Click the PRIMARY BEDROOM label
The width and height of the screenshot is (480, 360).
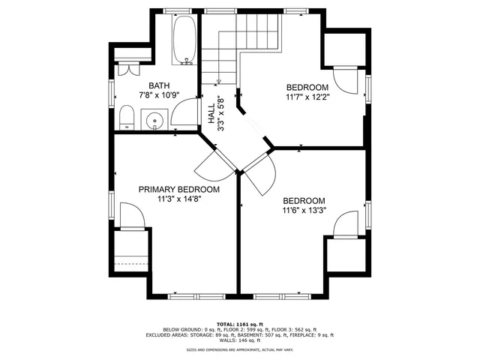(178, 190)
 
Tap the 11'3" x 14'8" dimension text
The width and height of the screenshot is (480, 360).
(178, 200)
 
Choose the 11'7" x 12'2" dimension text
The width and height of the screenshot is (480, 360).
(307, 97)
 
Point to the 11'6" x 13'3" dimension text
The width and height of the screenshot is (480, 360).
(304, 211)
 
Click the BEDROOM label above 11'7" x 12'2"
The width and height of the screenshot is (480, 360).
(307, 86)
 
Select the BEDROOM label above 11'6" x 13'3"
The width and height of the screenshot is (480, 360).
(304, 200)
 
